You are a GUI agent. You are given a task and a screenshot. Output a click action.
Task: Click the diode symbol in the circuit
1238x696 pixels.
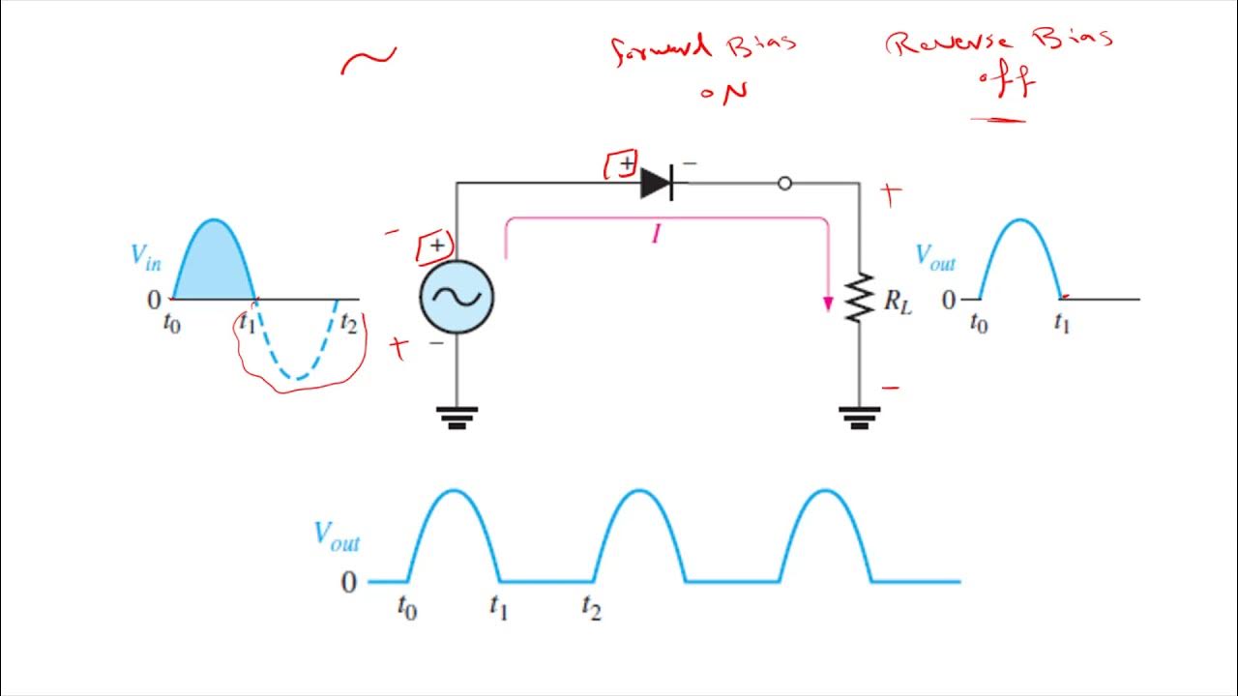tap(658, 183)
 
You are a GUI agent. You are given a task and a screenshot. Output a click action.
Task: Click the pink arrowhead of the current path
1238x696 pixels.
tap(828, 304)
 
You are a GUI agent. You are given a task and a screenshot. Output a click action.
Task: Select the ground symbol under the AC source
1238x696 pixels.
tap(457, 417)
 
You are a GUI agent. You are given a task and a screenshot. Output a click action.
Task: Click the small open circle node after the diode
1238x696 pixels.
tap(784, 183)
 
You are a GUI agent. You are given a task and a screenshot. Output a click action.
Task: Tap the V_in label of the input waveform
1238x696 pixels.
tap(146, 256)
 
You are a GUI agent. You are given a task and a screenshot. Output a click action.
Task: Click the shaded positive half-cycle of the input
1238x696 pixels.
tap(214, 266)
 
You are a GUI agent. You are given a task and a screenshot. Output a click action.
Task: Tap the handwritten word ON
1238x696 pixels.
tap(723, 92)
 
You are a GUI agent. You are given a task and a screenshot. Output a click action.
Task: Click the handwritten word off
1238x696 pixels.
tap(1006, 83)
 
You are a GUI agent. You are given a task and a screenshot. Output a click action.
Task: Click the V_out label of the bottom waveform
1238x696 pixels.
tap(337, 536)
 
